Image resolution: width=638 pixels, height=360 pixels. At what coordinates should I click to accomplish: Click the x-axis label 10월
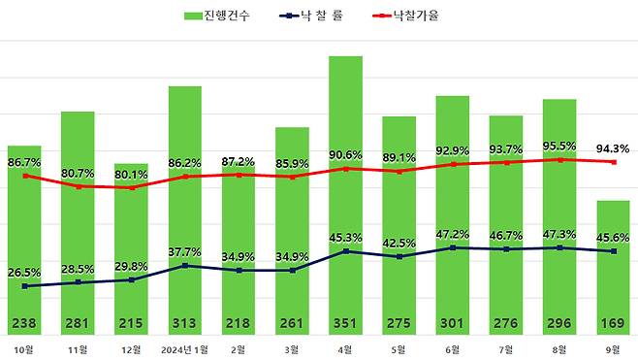coord(24,348)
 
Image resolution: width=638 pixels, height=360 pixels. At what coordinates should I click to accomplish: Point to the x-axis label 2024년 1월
coord(184,348)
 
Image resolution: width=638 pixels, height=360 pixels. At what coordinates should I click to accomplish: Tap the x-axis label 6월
coord(452,348)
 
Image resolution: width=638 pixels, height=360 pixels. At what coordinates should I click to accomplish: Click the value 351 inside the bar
coord(345,324)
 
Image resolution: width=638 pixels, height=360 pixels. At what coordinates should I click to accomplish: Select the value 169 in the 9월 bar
coord(612,324)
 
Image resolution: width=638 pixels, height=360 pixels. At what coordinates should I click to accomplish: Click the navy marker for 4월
coord(345,251)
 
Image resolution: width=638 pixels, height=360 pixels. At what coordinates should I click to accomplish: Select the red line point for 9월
coord(612,162)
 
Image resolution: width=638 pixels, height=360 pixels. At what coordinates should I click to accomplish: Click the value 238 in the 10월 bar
coord(24,324)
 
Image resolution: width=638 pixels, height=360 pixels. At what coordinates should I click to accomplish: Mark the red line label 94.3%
coord(612,148)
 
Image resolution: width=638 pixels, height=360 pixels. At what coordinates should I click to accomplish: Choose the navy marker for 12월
coord(131,279)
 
